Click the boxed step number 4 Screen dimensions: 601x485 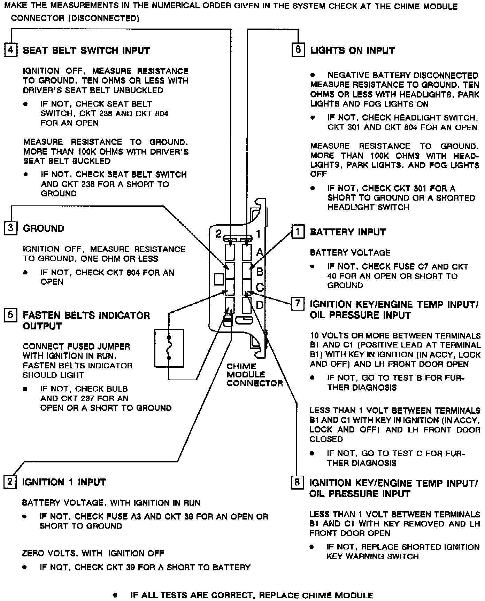[x=11, y=50]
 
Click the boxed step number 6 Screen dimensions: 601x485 [x=298, y=49]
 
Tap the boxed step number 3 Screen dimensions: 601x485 [x=11, y=228]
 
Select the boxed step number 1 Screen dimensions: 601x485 [x=298, y=232]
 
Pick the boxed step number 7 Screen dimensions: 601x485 [x=298, y=303]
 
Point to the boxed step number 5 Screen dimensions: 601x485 [x=11, y=315]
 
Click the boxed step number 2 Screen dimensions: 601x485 [x=10, y=482]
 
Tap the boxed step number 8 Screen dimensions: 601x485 [x=297, y=483]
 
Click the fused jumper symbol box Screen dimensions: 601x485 [x=169, y=348]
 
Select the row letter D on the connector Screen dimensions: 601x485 [x=260, y=305]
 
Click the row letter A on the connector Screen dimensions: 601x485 [x=260, y=252]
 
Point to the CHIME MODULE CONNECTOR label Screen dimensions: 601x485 [x=254, y=375]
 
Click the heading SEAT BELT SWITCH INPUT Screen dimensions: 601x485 [x=86, y=50]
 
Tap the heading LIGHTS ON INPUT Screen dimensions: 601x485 [x=352, y=50]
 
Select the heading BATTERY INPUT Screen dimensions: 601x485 [x=348, y=232]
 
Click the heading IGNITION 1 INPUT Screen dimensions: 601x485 [x=64, y=482]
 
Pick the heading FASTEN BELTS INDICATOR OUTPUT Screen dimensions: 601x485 [x=86, y=321]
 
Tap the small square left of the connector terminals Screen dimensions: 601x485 [x=218, y=279]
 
